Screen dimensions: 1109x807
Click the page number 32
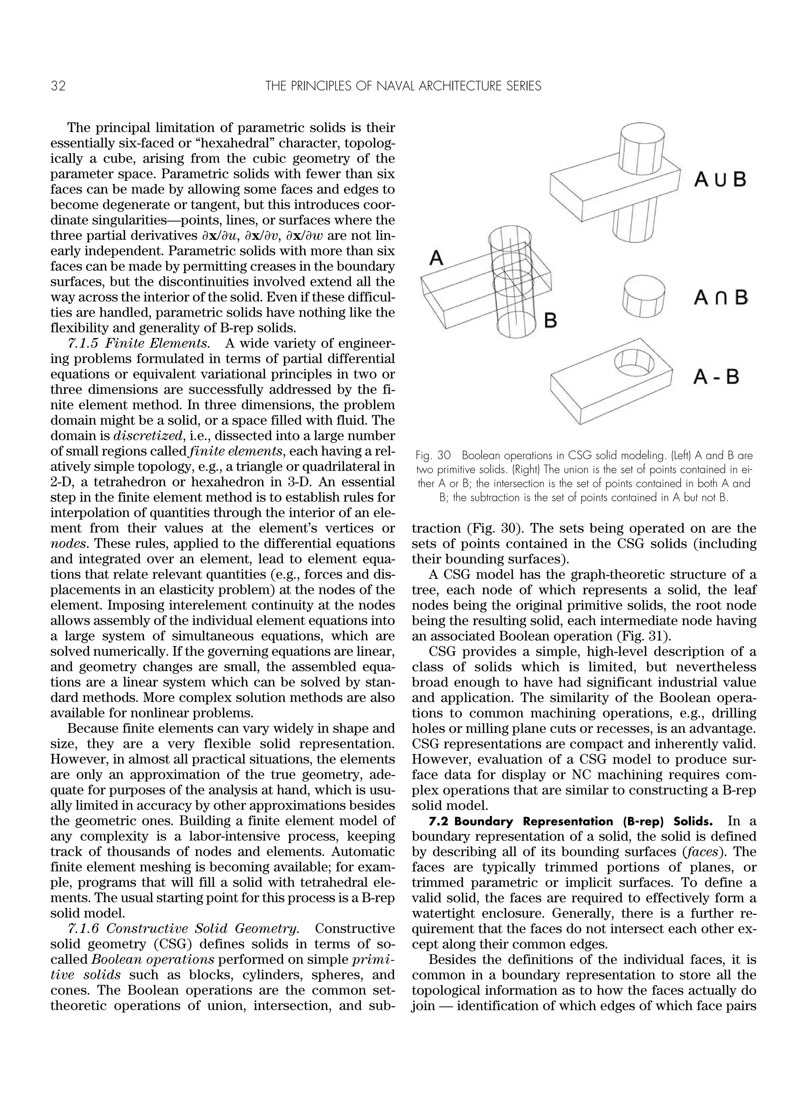[58, 87]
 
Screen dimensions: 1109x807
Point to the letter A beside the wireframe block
[437, 258]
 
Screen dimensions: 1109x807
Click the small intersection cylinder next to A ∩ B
[643, 296]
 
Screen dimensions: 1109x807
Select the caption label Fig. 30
[433, 455]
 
